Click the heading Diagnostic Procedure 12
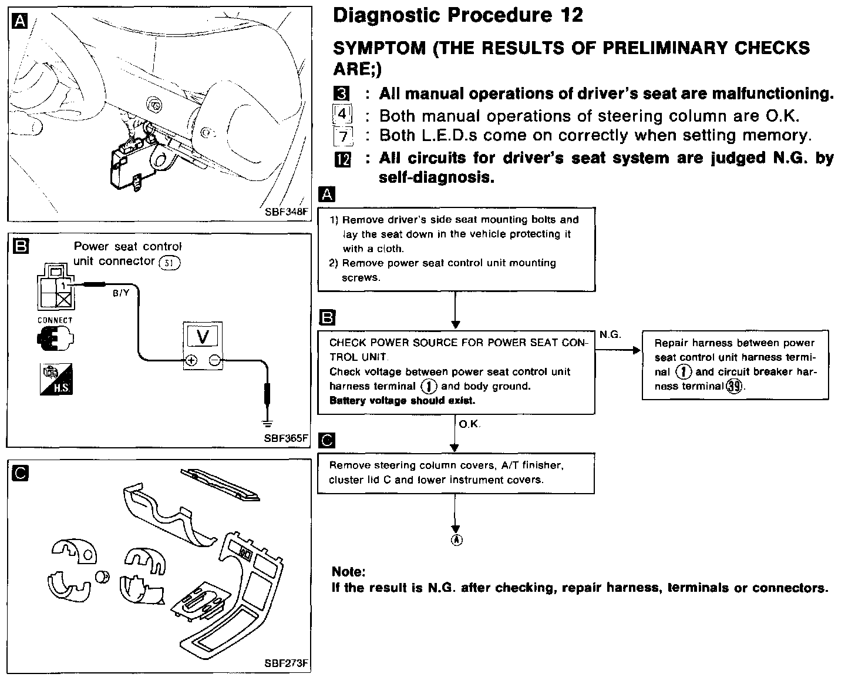tap(458, 16)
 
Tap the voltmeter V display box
tap(203, 337)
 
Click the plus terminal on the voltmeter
tap(191, 361)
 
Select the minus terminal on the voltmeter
tap(215, 361)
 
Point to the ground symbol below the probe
tap(267, 423)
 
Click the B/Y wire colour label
tap(121, 293)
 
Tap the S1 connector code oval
tap(170, 263)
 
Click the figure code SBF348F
tap(285, 212)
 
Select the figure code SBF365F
tap(285, 438)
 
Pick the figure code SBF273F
tap(285, 663)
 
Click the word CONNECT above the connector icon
tap(55, 320)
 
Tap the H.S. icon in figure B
tap(56, 379)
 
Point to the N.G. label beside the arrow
tap(610, 334)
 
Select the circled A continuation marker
tap(456, 540)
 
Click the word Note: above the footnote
tap(348, 572)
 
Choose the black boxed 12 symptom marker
tap(342, 159)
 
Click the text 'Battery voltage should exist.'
tap(402, 401)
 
